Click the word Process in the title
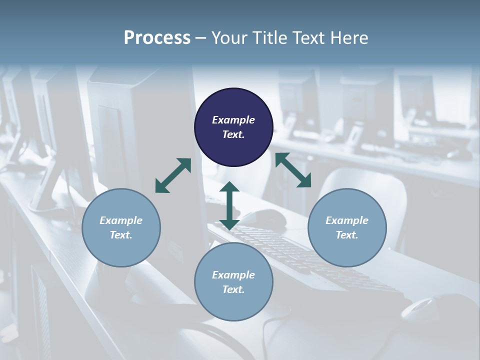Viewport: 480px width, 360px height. pos(157,38)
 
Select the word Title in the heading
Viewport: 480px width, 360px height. pos(270,38)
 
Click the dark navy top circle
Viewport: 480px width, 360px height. pos(233,100)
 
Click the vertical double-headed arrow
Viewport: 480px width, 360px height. pos(229,205)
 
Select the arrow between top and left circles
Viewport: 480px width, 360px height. pos(173,175)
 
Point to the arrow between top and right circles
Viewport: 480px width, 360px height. pos(293,170)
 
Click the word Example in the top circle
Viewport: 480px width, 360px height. pos(233,120)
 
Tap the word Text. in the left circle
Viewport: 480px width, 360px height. pos(121,235)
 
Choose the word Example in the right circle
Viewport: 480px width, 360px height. pos(347,220)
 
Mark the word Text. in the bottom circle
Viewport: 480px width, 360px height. pos(233,289)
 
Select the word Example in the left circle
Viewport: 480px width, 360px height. pos(121,220)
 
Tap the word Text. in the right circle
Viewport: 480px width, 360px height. pos(347,235)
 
